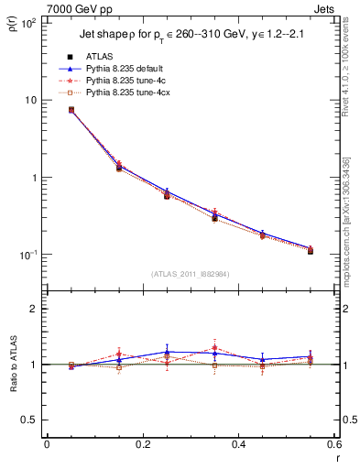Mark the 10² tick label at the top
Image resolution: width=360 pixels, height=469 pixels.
pos(28,22)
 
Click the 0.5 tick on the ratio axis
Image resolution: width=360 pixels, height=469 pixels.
pos(30,420)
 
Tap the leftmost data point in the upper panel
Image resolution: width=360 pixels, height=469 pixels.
pos(71,110)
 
